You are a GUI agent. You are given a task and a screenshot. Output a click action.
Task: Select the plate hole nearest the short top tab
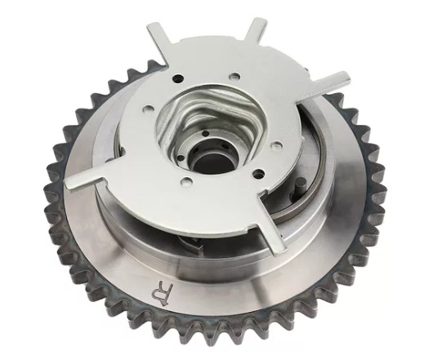point(234,77)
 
